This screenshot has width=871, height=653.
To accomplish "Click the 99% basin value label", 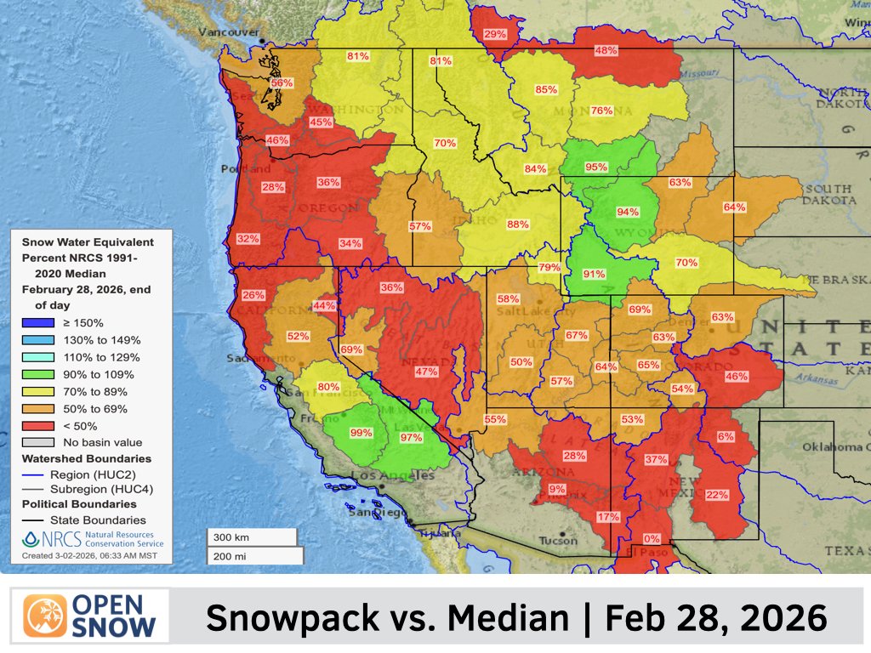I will (x=361, y=433).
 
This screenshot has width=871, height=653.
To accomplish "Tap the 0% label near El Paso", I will (x=652, y=538).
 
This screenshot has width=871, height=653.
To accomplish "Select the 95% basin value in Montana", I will (x=596, y=168).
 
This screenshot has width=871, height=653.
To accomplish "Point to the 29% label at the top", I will (x=495, y=35).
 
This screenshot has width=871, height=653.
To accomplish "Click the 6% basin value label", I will (x=726, y=436).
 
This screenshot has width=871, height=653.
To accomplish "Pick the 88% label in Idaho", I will (x=517, y=224).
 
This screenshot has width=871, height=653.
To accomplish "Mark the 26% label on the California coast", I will (x=253, y=295).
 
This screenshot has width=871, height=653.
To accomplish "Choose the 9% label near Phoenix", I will (x=557, y=489).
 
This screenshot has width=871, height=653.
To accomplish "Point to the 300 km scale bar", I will (x=252, y=537).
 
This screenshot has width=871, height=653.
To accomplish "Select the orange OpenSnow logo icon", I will (x=45, y=616).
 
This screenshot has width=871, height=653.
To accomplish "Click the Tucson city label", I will (x=557, y=541).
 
